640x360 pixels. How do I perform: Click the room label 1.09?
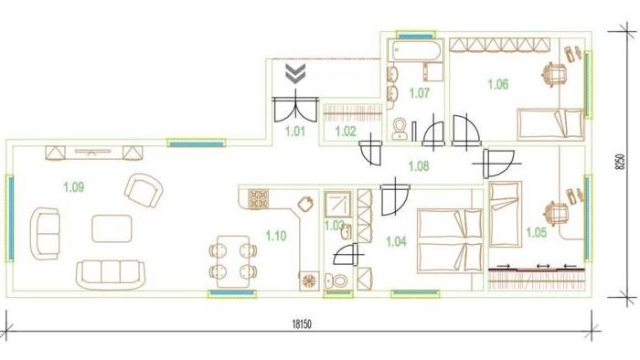(x=74, y=187)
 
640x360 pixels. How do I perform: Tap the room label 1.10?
(x=276, y=236)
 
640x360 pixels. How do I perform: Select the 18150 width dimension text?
(x=302, y=324)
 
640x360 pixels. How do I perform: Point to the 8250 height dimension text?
(x=620, y=162)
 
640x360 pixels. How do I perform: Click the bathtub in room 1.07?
(x=415, y=50)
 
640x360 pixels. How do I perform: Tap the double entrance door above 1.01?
(x=294, y=109)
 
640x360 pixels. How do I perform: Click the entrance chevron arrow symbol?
(x=295, y=73)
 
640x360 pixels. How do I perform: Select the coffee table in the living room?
(x=112, y=228)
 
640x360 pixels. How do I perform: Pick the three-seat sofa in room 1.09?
(x=111, y=275)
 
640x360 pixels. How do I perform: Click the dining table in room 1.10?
(x=233, y=261)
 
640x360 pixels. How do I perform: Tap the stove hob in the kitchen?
(x=259, y=199)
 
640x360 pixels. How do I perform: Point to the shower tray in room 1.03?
(x=337, y=204)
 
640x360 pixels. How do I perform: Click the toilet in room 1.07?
(x=399, y=129)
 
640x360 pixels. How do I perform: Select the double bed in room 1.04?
(x=450, y=240)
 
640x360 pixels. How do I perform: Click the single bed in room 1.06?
(x=550, y=124)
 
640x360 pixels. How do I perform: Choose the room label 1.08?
(x=419, y=166)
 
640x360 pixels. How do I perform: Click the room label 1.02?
(x=346, y=132)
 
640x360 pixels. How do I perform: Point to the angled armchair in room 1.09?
(x=144, y=190)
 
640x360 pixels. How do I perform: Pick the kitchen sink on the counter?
(x=305, y=204)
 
